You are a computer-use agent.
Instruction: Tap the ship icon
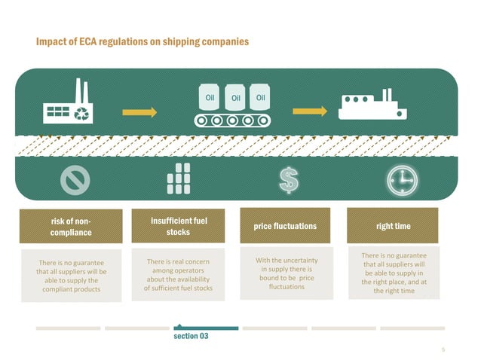(x=373, y=106)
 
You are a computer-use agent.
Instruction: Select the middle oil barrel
(x=235, y=96)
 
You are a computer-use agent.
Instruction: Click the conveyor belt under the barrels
(x=233, y=120)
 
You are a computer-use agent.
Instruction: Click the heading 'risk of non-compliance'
(x=72, y=227)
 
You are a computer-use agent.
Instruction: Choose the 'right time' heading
(x=393, y=226)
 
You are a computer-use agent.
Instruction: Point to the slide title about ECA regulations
(x=142, y=41)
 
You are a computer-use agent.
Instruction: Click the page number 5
(x=443, y=349)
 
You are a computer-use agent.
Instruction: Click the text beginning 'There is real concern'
(x=179, y=274)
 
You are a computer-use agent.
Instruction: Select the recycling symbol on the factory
(x=82, y=114)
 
